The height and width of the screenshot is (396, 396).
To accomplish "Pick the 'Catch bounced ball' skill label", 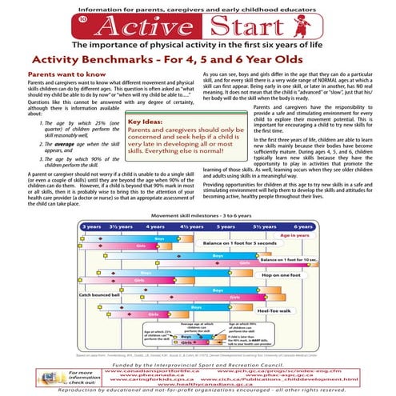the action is pyautogui.click(x=99, y=294).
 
